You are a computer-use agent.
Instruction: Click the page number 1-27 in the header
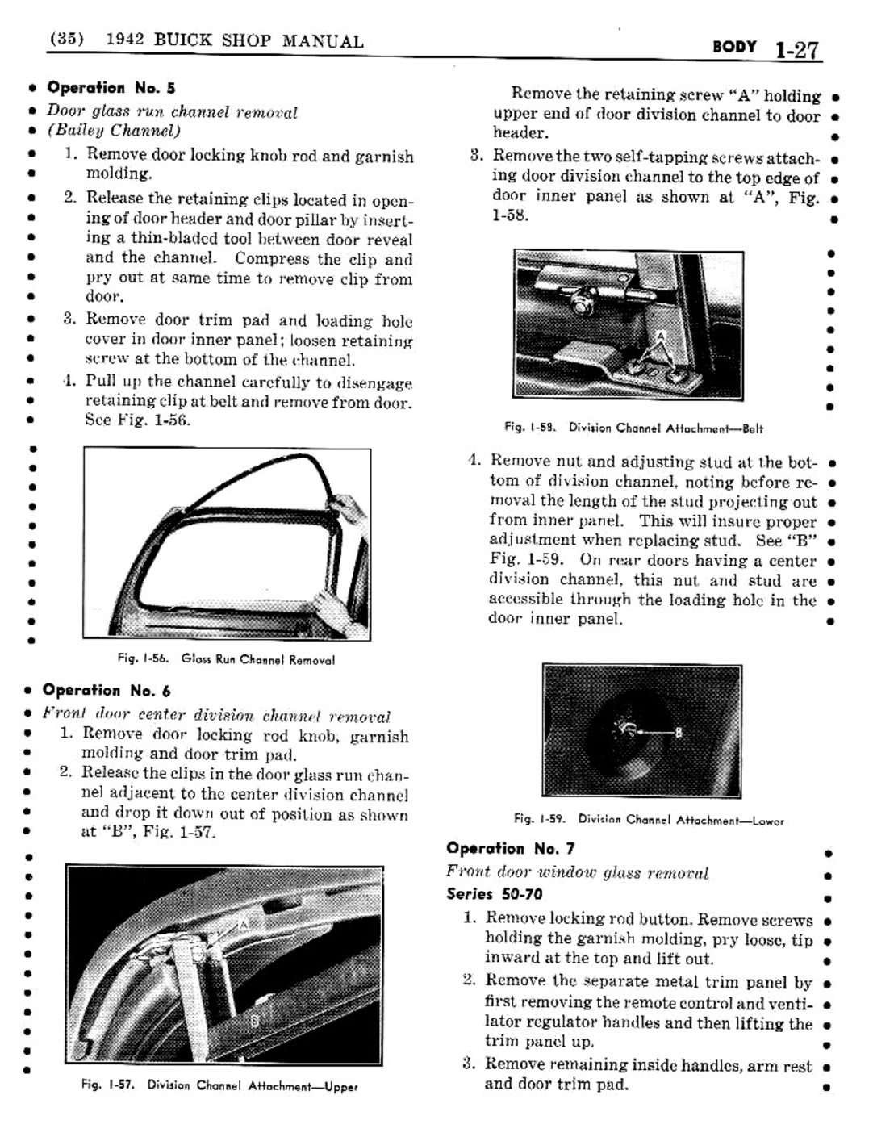pyautogui.click(x=796, y=50)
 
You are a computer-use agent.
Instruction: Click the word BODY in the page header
pyautogui.click(x=734, y=47)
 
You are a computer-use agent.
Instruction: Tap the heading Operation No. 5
pyautogui.click(x=111, y=87)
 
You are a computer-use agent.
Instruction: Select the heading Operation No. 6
pyautogui.click(x=107, y=690)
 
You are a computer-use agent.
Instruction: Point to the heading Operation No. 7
pyautogui.click(x=510, y=848)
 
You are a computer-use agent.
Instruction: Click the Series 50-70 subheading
pyautogui.click(x=494, y=893)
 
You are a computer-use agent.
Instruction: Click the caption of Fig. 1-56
pyautogui.click(x=226, y=659)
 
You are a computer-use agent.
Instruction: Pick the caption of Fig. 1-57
pyautogui.click(x=219, y=1085)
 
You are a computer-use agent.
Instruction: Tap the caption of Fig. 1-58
pyautogui.click(x=633, y=428)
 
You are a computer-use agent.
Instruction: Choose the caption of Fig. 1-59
pyautogui.click(x=649, y=820)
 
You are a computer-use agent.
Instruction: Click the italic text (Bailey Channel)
pyautogui.click(x=113, y=131)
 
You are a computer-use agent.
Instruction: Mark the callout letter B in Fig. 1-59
pyautogui.click(x=678, y=733)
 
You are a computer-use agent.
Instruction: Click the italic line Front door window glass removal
pyautogui.click(x=577, y=872)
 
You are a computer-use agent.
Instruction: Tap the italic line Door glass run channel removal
pyautogui.click(x=172, y=111)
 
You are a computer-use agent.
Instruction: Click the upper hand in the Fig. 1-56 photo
pyautogui.click(x=349, y=508)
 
